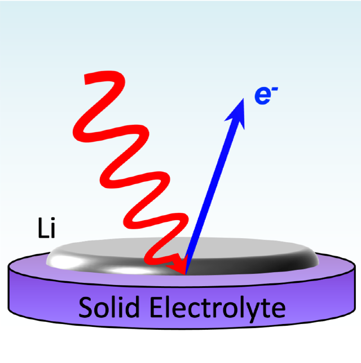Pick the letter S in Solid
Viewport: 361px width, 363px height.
click(x=85, y=308)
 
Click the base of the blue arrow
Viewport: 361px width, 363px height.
click(x=187, y=271)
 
